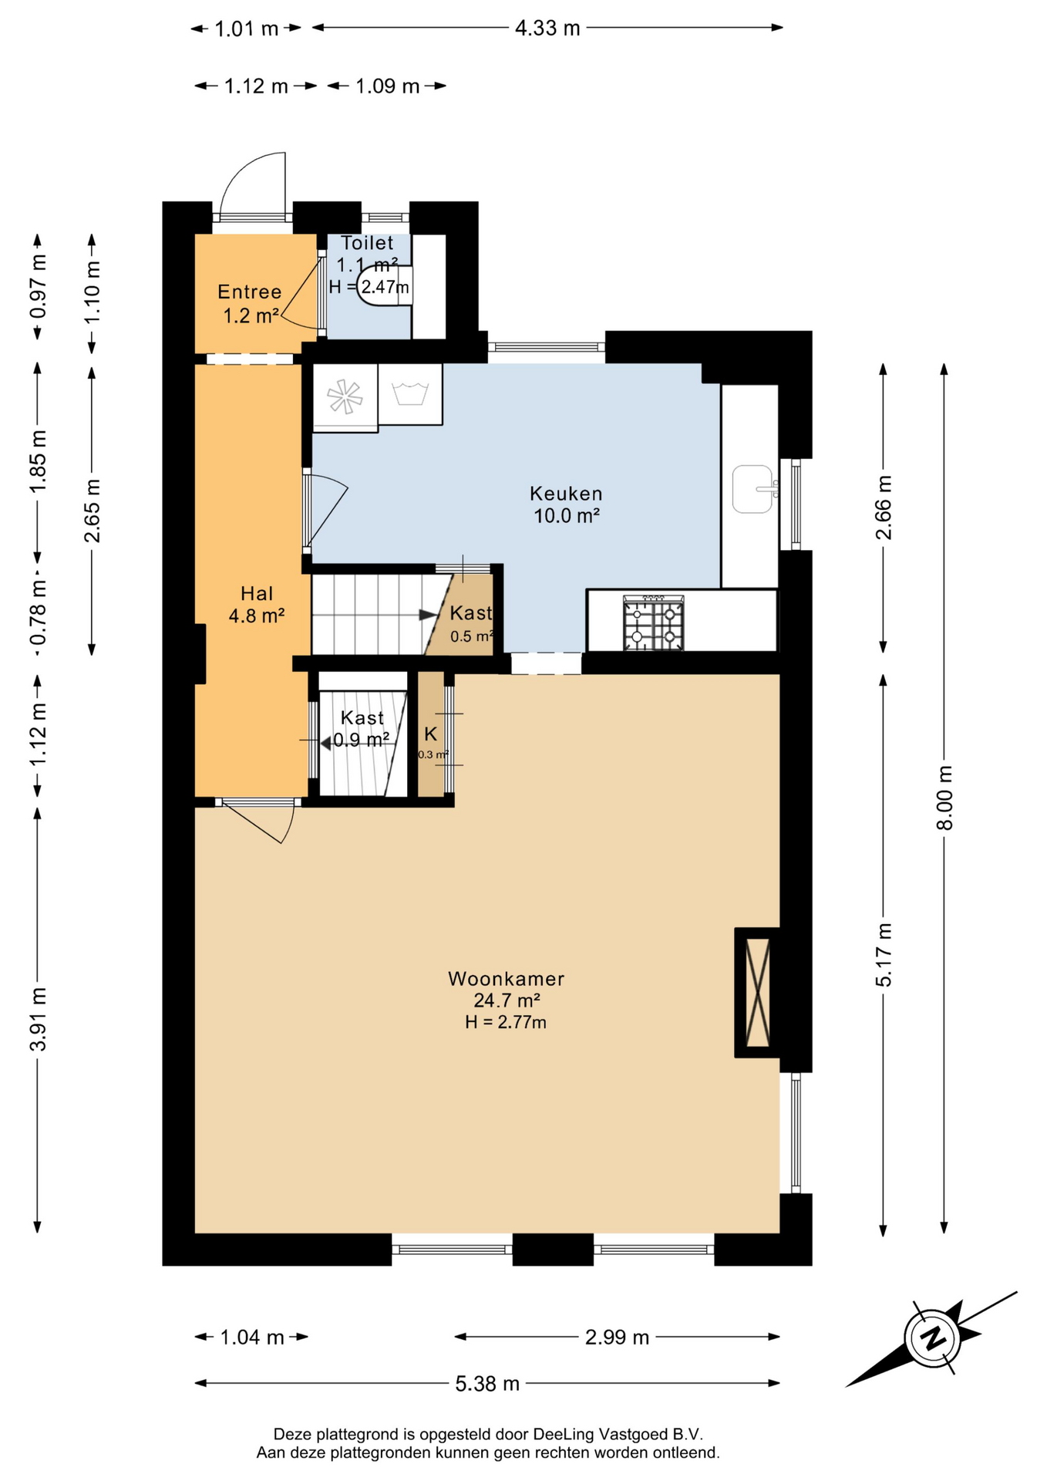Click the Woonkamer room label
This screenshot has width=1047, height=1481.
pyautogui.click(x=507, y=979)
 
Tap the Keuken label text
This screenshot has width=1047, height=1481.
pyautogui.click(x=566, y=494)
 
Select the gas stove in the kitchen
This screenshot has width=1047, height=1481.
pyautogui.click(x=654, y=622)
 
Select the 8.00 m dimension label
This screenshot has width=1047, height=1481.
pyautogui.click(x=944, y=798)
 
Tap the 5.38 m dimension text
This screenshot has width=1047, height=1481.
pyautogui.click(x=487, y=1383)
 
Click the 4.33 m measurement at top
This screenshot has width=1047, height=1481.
pyautogui.click(x=547, y=29)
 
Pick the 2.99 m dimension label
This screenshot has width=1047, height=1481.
pyautogui.click(x=617, y=1337)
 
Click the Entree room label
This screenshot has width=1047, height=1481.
pyautogui.click(x=250, y=292)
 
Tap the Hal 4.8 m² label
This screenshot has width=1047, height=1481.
pyautogui.click(x=257, y=605)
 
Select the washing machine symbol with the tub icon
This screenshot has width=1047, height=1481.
pyautogui.click(x=410, y=394)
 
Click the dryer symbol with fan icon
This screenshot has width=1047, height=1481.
pyautogui.click(x=345, y=397)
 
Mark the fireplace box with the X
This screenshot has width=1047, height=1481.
pyautogui.click(x=757, y=992)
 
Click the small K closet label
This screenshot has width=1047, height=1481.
pyautogui.click(x=430, y=734)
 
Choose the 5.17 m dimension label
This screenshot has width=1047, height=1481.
pyautogui.click(x=884, y=954)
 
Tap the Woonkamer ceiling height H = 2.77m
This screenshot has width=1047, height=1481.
pyautogui.click(x=506, y=1023)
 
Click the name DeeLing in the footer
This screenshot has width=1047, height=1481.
pyautogui.click(x=563, y=1434)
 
